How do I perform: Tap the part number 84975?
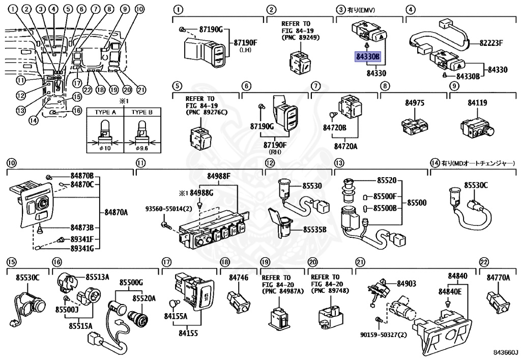tap(415, 103)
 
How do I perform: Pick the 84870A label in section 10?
tap(116, 211)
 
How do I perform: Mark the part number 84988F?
tap(218, 177)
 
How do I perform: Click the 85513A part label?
tap(97, 277)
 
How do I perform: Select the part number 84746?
tap(238, 278)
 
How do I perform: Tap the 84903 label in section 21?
tap(407, 283)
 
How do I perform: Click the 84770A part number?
tap(498, 278)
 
